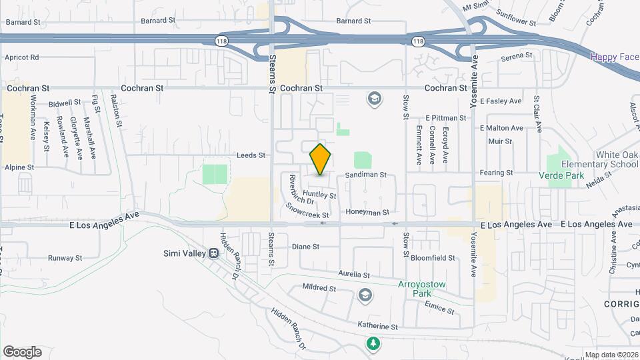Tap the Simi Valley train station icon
coord(214,253)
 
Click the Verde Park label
coord(561,176)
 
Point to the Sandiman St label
coord(366,175)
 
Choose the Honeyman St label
coord(367,212)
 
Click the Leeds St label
coord(251,155)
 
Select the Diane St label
coord(306,247)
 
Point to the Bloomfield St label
coord(433,258)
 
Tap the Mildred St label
coord(319,289)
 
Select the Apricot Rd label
coord(22,58)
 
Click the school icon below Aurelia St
coord(365,294)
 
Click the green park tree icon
coord(374,343)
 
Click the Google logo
coord(22,352)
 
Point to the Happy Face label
coord(614,57)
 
